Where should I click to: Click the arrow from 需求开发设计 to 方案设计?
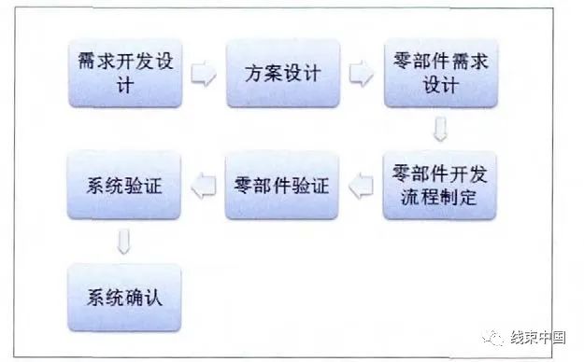[202, 73]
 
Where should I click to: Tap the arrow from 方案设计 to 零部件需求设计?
[360, 73]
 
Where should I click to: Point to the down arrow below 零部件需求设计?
[439, 130]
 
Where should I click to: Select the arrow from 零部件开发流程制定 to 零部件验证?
[360, 188]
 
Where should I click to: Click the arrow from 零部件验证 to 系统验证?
[202, 188]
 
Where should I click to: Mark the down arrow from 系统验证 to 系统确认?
[123, 243]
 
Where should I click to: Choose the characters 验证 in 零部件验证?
[310, 187]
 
